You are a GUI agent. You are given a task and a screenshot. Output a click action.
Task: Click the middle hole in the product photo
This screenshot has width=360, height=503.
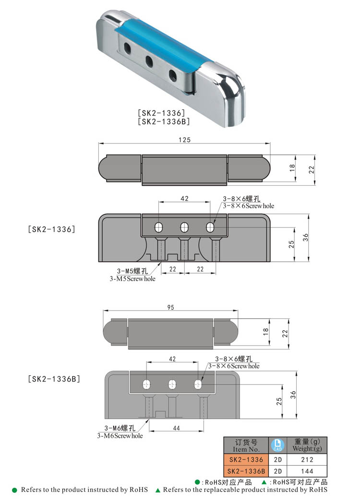pos(149,60)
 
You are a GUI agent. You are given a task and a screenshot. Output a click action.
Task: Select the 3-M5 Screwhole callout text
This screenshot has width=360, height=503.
pos(132,275)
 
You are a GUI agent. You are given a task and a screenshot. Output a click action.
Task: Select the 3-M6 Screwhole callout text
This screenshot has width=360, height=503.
pos(120,431)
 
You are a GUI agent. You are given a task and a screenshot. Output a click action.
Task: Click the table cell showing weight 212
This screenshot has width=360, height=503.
pos(308,460)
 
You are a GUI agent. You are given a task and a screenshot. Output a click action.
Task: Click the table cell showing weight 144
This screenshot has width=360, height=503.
pos(308,471)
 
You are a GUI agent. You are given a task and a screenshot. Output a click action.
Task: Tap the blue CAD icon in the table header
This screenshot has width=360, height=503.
pos(278,445)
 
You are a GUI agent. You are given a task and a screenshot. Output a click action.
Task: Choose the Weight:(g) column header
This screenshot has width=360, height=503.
pos(308,445)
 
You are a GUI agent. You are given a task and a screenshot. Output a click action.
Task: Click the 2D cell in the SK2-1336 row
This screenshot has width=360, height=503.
pos(278,460)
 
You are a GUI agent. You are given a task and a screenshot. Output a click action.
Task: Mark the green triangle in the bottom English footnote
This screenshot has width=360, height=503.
pos(158,490)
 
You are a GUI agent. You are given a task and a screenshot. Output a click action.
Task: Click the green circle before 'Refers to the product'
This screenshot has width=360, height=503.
pos(14,490)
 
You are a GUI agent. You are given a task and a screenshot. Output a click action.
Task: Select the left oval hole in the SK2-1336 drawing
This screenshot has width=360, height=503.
pos(158,227)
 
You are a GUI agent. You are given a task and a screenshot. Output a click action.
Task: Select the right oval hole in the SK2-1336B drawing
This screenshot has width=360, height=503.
pos(197,383)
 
